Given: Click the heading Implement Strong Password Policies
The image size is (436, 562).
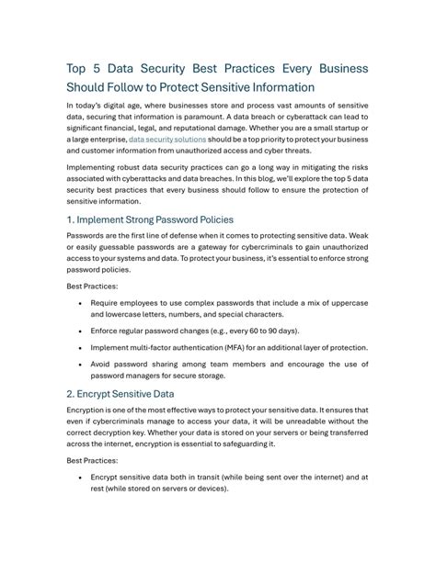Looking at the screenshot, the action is click(150, 219).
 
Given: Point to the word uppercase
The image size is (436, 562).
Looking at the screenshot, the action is click(346, 302).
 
